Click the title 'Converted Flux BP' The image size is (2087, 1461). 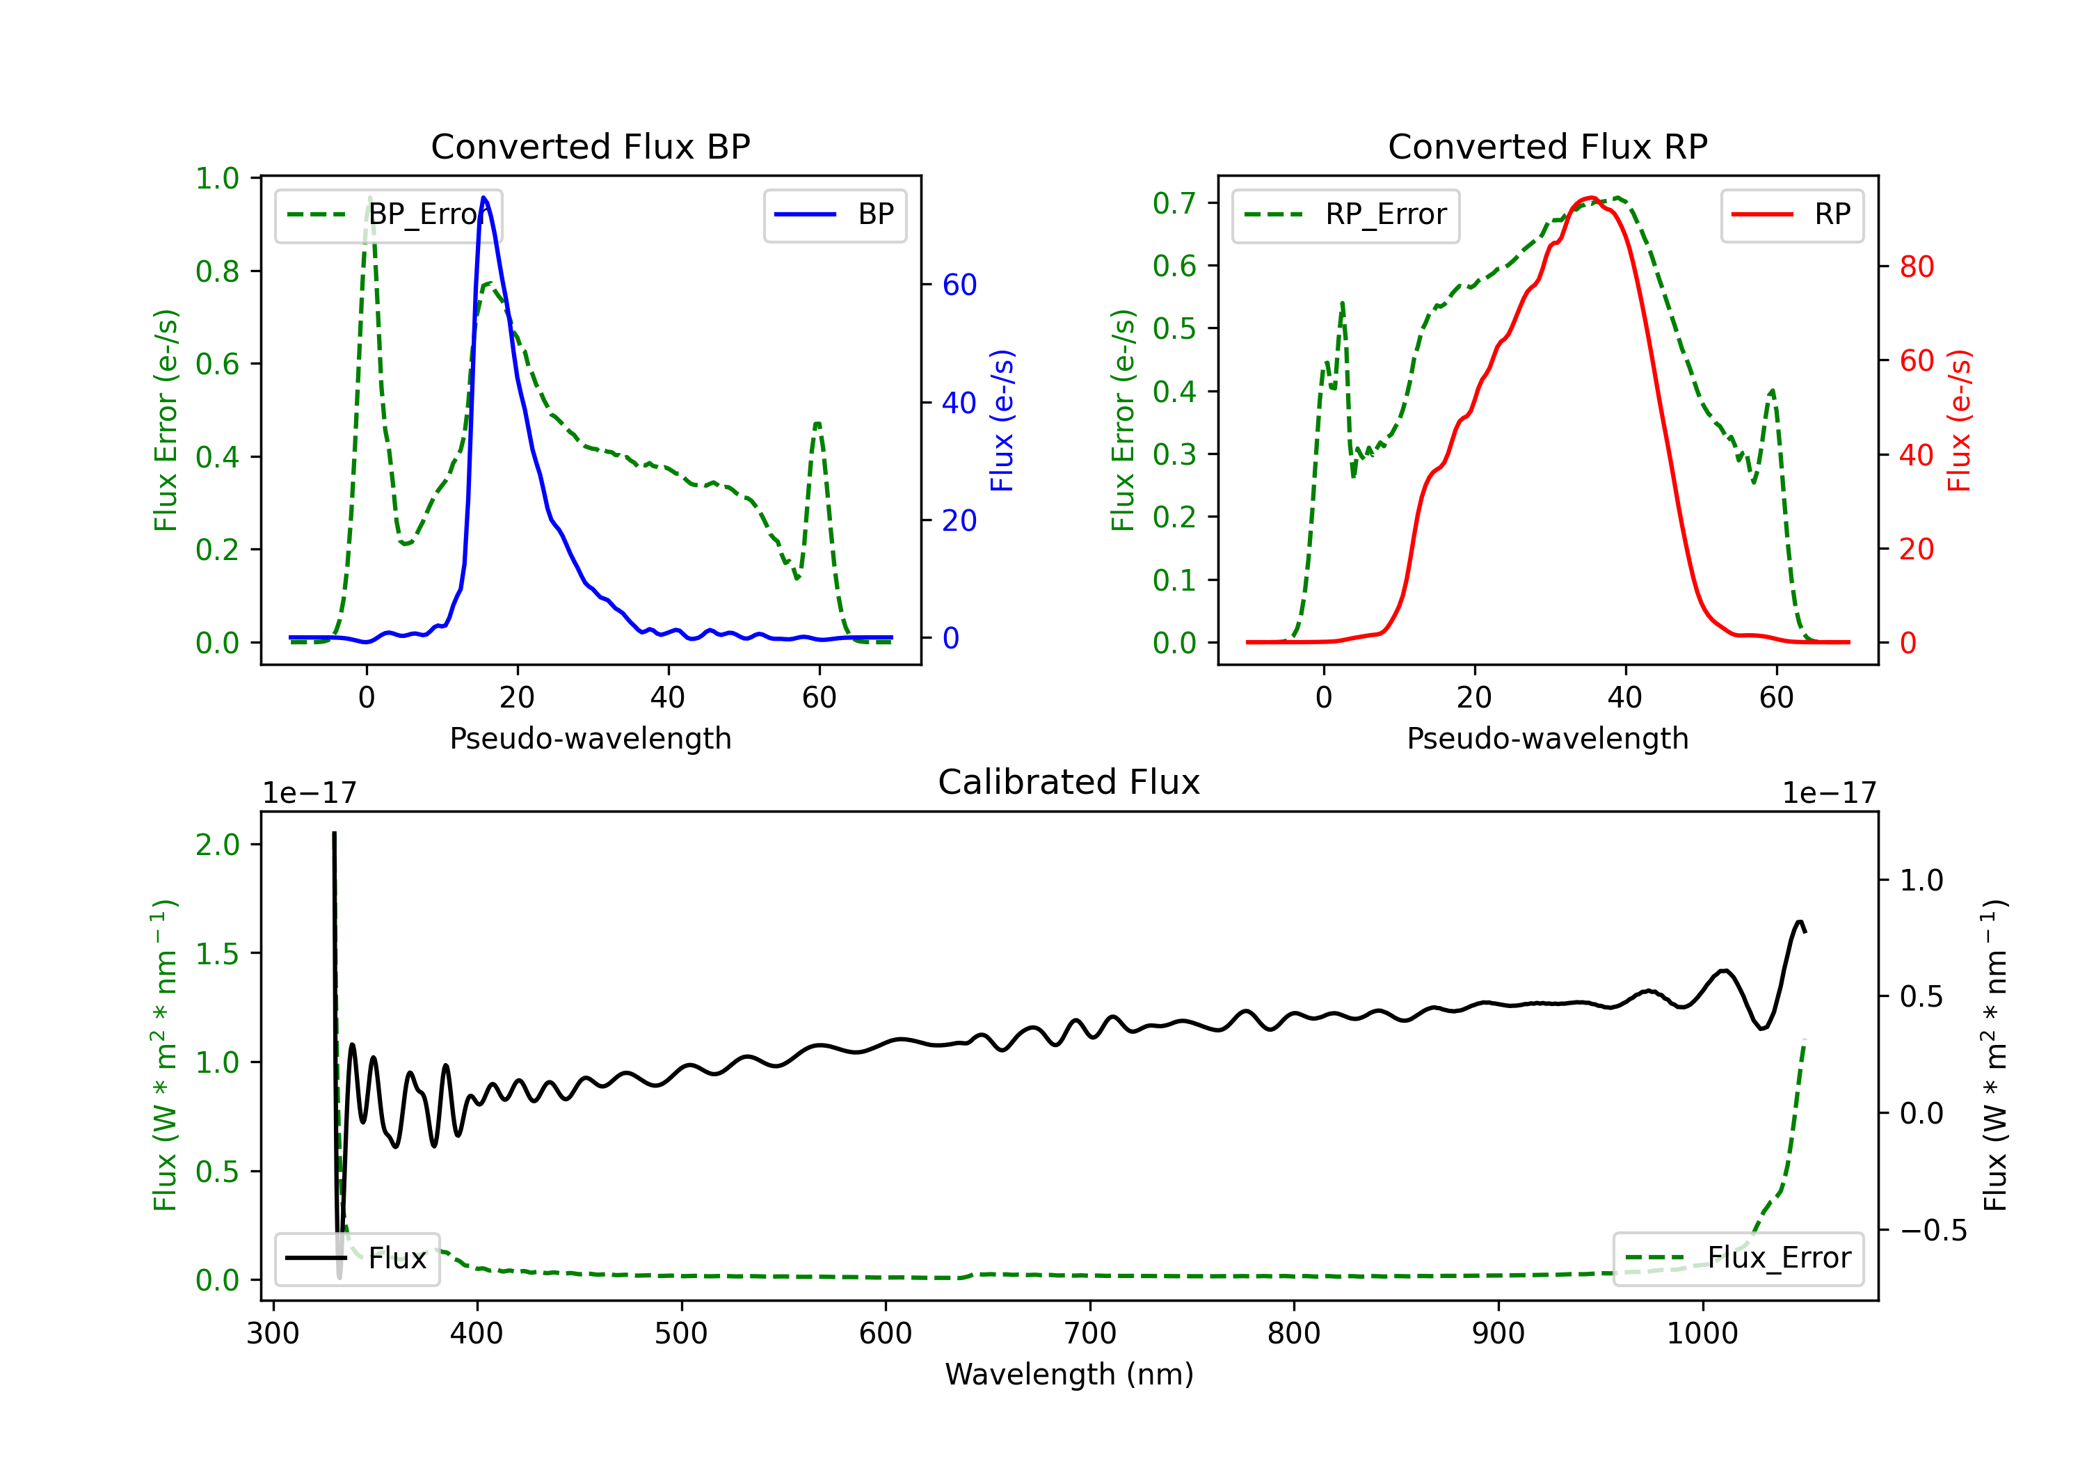pos(590,146)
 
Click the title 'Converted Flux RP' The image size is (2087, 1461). pos(1547,146)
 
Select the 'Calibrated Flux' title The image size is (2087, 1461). pos(1069,782)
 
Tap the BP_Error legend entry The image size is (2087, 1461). pos(388,214)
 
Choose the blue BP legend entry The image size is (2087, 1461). pos(834,214)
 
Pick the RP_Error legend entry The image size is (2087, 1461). pos(1345,214)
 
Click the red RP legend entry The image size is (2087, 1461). pos(1791,214)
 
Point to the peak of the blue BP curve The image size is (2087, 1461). pos(483,198)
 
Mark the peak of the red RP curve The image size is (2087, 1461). pos(1590,198)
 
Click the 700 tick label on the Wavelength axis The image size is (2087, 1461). pos(1090,1334)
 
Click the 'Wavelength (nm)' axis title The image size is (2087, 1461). pos(1069,1374)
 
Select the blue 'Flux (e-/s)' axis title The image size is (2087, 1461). pos(1002,420)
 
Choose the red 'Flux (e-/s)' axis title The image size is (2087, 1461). pos(1959,420)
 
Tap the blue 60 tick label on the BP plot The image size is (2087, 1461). pos(960,285)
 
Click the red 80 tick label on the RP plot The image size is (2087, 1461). pos(1917,266)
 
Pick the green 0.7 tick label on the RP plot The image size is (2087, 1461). pos(1174,202)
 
